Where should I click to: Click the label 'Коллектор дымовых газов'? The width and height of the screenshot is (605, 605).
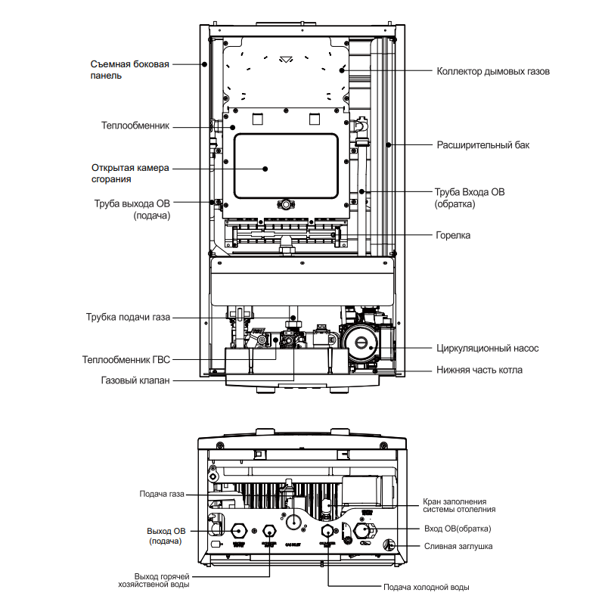492,72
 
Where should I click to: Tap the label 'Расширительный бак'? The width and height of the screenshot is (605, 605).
482,144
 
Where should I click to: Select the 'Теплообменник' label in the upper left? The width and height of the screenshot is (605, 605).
135,126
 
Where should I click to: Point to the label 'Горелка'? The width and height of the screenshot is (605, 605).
452,235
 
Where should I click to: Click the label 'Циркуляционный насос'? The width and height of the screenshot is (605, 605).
487,349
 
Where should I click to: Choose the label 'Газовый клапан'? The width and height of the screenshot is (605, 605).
135,380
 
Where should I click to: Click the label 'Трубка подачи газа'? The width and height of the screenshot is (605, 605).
128,317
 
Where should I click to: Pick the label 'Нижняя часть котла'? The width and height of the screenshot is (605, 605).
479,370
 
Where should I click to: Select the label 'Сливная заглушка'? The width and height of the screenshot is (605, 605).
458,545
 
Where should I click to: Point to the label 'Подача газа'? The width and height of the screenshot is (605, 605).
162,495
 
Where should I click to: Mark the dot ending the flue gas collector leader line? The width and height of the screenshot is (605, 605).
343,71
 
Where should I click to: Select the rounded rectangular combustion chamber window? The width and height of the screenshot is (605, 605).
285,163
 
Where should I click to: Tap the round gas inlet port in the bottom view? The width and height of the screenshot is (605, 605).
293,521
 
